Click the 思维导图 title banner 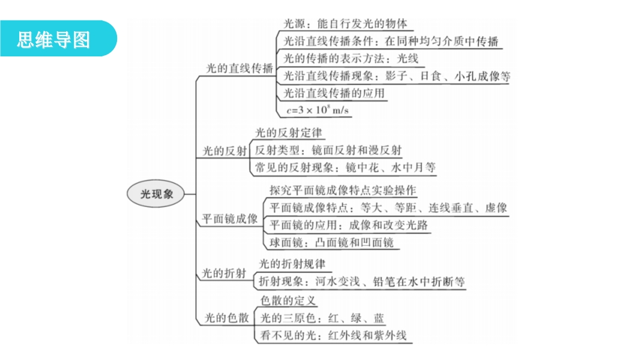click(x=58, y=38)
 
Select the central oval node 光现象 click(x=155, y=194)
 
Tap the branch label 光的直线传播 click(x=240, y=68)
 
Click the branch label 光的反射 click(x=225, y=151)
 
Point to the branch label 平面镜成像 click(x=230, y=219)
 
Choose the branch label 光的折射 click(x=224, y=273)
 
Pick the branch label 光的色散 click(x=226, y=317)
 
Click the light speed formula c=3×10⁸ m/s click(x=318, y=110)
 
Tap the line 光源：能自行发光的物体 click(x=345, y=23)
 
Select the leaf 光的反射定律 click(x=289, y=133)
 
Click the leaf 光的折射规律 click(x=292, y=264)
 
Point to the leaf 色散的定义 click(x=288, y=301)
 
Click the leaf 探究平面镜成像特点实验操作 click(x=343, y=190)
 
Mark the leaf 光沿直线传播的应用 click(x=334, y=93)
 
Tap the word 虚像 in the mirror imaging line click(x=497, y=208)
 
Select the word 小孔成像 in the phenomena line click(x=471, y=76)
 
